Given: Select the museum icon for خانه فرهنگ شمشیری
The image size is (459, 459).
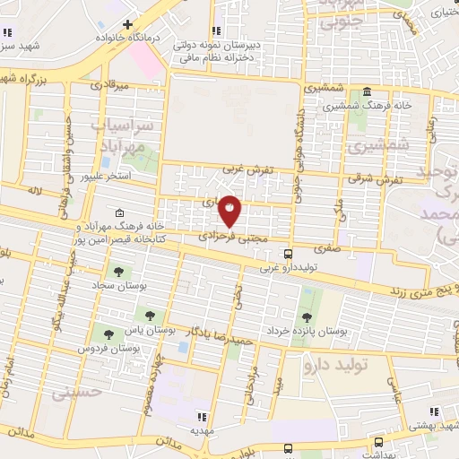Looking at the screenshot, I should pos(368,92).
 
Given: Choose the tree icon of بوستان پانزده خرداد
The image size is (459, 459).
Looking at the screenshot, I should pos(306,318).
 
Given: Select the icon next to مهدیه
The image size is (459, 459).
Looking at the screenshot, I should pos(202,417).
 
